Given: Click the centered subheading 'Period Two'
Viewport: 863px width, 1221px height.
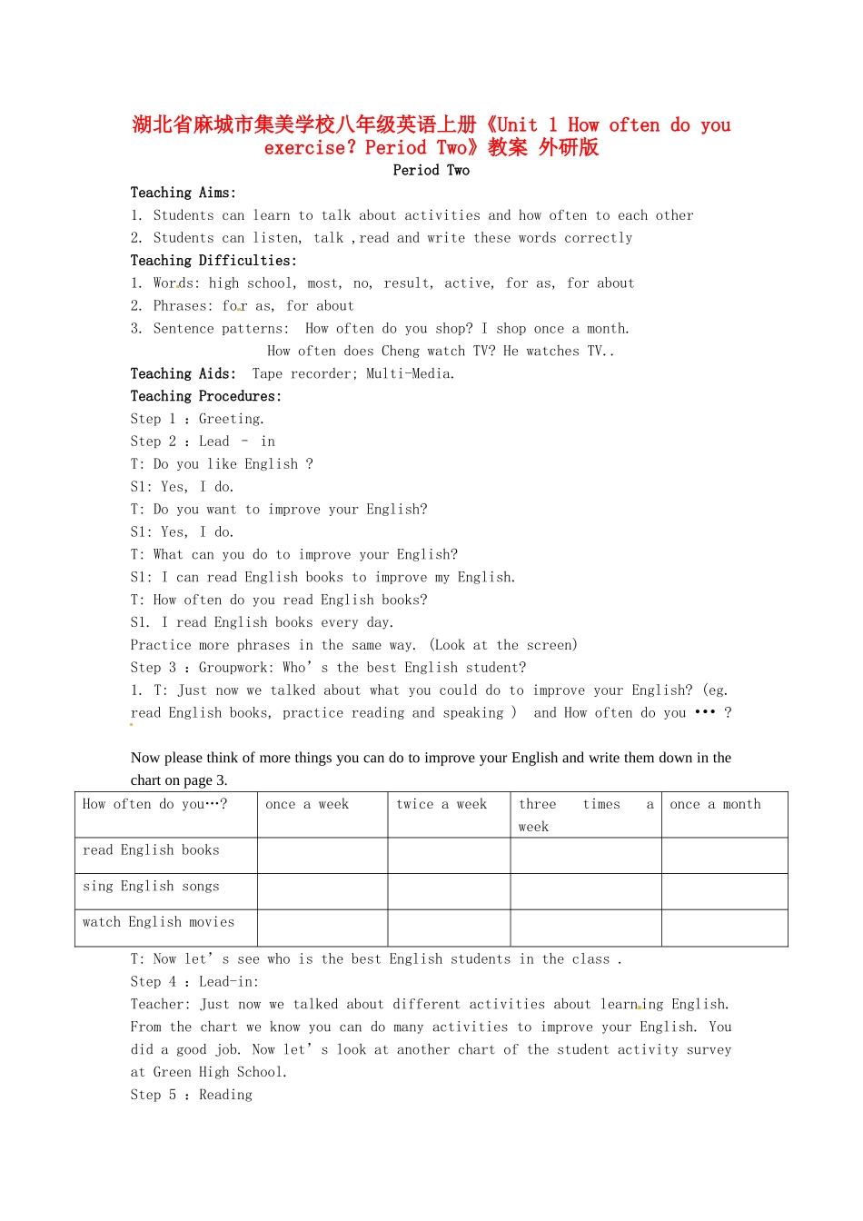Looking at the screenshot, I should pyautogui.click(x=431, y=170).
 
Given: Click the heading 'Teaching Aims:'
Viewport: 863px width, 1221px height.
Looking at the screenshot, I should pyautogui.click(x=183, y=193).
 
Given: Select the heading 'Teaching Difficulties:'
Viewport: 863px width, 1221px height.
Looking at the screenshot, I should pyautogui.click(x=213, y=261).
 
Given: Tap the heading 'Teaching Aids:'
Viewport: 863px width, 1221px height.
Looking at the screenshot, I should pyautogui.click(x=183, y=373).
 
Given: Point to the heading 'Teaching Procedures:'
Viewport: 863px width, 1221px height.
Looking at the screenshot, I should pyautogui.click(x=205, y=396).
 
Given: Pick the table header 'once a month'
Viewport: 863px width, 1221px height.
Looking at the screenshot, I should pyautogui.click(x=715, y=804).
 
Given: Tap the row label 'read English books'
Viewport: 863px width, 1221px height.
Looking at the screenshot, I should pyautogui.click(x=151, y=850).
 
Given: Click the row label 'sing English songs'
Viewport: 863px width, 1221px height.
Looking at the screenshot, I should pyautogui.click(x=151, y=887).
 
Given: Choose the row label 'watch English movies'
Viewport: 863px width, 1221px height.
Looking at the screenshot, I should pyautogui.click(x=158, y=922).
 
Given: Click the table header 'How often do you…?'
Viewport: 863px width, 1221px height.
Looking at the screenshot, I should pyautogui.click(x=154, y=804).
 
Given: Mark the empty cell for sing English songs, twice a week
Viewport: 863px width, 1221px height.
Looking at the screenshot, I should pyautogui.click(x=449, y=891).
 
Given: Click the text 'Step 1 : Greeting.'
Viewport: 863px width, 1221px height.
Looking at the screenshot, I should pyautogui.click(x=197, y=419).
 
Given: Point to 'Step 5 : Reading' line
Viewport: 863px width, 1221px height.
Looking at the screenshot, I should pyautogui.click(x=191, y=1095).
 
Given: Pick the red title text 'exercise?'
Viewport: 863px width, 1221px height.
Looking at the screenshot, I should pyautogui.click(x=310, y=148).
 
